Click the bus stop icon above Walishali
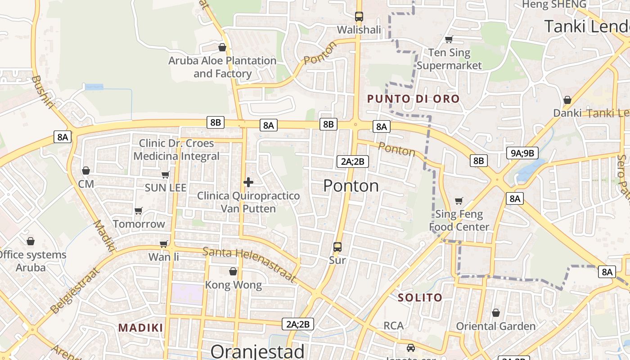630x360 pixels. (x=359, y=17)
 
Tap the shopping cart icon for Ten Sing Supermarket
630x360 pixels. (x=449, y=40)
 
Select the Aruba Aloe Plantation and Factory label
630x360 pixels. (x=222, y=67)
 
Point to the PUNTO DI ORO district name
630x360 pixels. (x=413, y=99)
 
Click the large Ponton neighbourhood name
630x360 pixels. (x=351, y=185)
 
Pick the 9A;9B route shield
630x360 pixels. (x=522, y=153)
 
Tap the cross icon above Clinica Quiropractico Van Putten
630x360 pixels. (x=248, y=182)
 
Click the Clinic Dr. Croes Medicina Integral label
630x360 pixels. (x=176, y=150)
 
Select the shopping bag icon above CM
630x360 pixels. (x=85, y=171)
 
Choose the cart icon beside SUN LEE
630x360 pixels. (x=165, y=175)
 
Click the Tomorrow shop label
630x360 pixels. (x=139, y=224)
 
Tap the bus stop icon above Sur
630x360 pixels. (x=337, y=247)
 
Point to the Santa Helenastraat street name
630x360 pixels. (x=250, y=265)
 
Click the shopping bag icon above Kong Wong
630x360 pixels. (x=233, y=271)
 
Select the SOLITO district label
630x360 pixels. (x=420, y=297)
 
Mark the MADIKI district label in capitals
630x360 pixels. (x=140, y=328)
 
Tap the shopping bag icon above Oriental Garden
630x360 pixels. (x=495, y=313)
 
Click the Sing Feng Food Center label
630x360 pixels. (x=459, y=220)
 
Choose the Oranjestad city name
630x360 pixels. (x=257, y=351)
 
